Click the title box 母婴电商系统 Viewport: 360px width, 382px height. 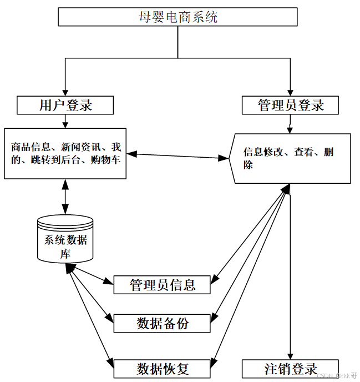coord(178,17)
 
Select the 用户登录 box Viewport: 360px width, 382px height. coord(65,105)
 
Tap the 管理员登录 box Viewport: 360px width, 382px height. coord(290,105)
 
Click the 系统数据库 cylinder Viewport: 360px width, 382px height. coord(65,240)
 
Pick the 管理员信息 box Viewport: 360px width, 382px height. coord(162,285)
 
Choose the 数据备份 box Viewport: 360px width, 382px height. coord(162,323)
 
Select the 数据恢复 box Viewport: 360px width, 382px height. coord(162,368)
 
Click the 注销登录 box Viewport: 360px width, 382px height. coord(290,369)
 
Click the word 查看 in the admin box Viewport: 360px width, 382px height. coord(303,152)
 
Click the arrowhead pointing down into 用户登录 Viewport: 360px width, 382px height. coord(65,92)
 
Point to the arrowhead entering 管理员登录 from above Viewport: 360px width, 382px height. coord(290,92)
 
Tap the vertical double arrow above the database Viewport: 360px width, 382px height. coord(65,197)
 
